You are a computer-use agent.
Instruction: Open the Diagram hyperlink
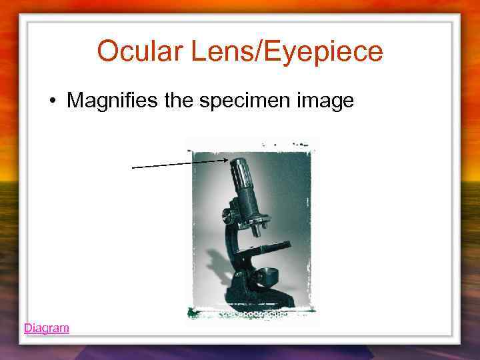46,328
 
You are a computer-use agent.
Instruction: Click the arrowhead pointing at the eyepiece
225,160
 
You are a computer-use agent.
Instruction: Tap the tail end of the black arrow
133,168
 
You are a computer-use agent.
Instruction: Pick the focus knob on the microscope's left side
227,215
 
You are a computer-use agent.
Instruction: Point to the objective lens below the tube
257,229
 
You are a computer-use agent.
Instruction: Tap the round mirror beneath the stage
268,273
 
